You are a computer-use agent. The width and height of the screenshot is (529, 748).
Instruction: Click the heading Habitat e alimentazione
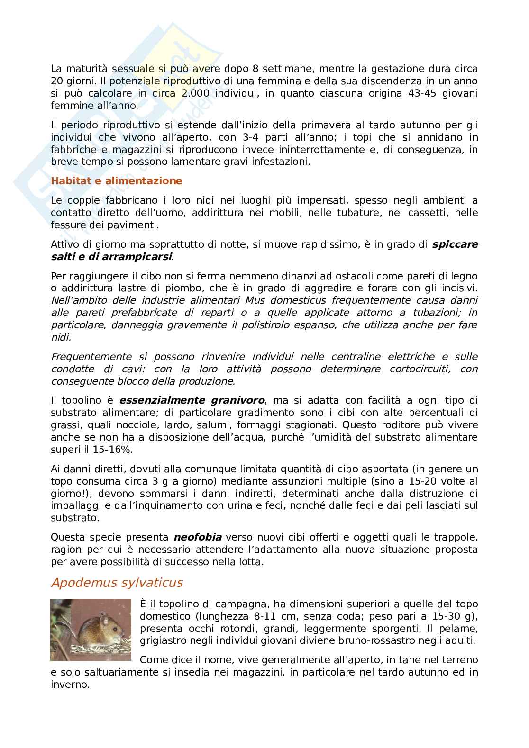(x=116, y=180)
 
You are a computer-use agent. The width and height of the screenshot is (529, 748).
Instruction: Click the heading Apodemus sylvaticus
(x=117, y=582)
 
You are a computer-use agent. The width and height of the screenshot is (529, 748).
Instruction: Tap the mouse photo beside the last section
(x=91, y=630)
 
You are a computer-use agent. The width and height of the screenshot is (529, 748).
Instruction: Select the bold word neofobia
(x=198, y=537)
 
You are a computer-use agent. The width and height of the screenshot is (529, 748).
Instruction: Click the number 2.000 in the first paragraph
(x=195, y=93)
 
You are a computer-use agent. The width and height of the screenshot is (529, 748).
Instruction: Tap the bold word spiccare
(x=455, y=244)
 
